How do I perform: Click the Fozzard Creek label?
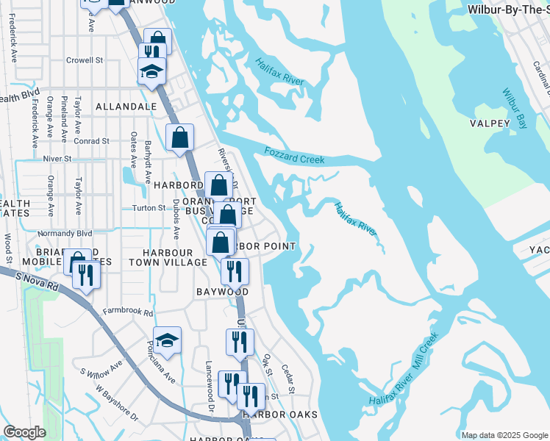[294, 156]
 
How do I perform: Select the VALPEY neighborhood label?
[490, 123]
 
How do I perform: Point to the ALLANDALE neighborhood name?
[126, 107]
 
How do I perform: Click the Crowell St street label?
[85, 60]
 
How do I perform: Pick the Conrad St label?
[91, 141]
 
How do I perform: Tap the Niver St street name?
[57, 158]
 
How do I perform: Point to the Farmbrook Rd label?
[128, 312]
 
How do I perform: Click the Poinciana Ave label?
[160, 363]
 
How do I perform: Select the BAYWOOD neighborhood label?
[222, 292]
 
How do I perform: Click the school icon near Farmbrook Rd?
[167, 340]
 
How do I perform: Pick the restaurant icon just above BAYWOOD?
[235, 270]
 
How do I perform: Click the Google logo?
[24, 432]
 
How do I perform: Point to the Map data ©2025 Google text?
[504, 435]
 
